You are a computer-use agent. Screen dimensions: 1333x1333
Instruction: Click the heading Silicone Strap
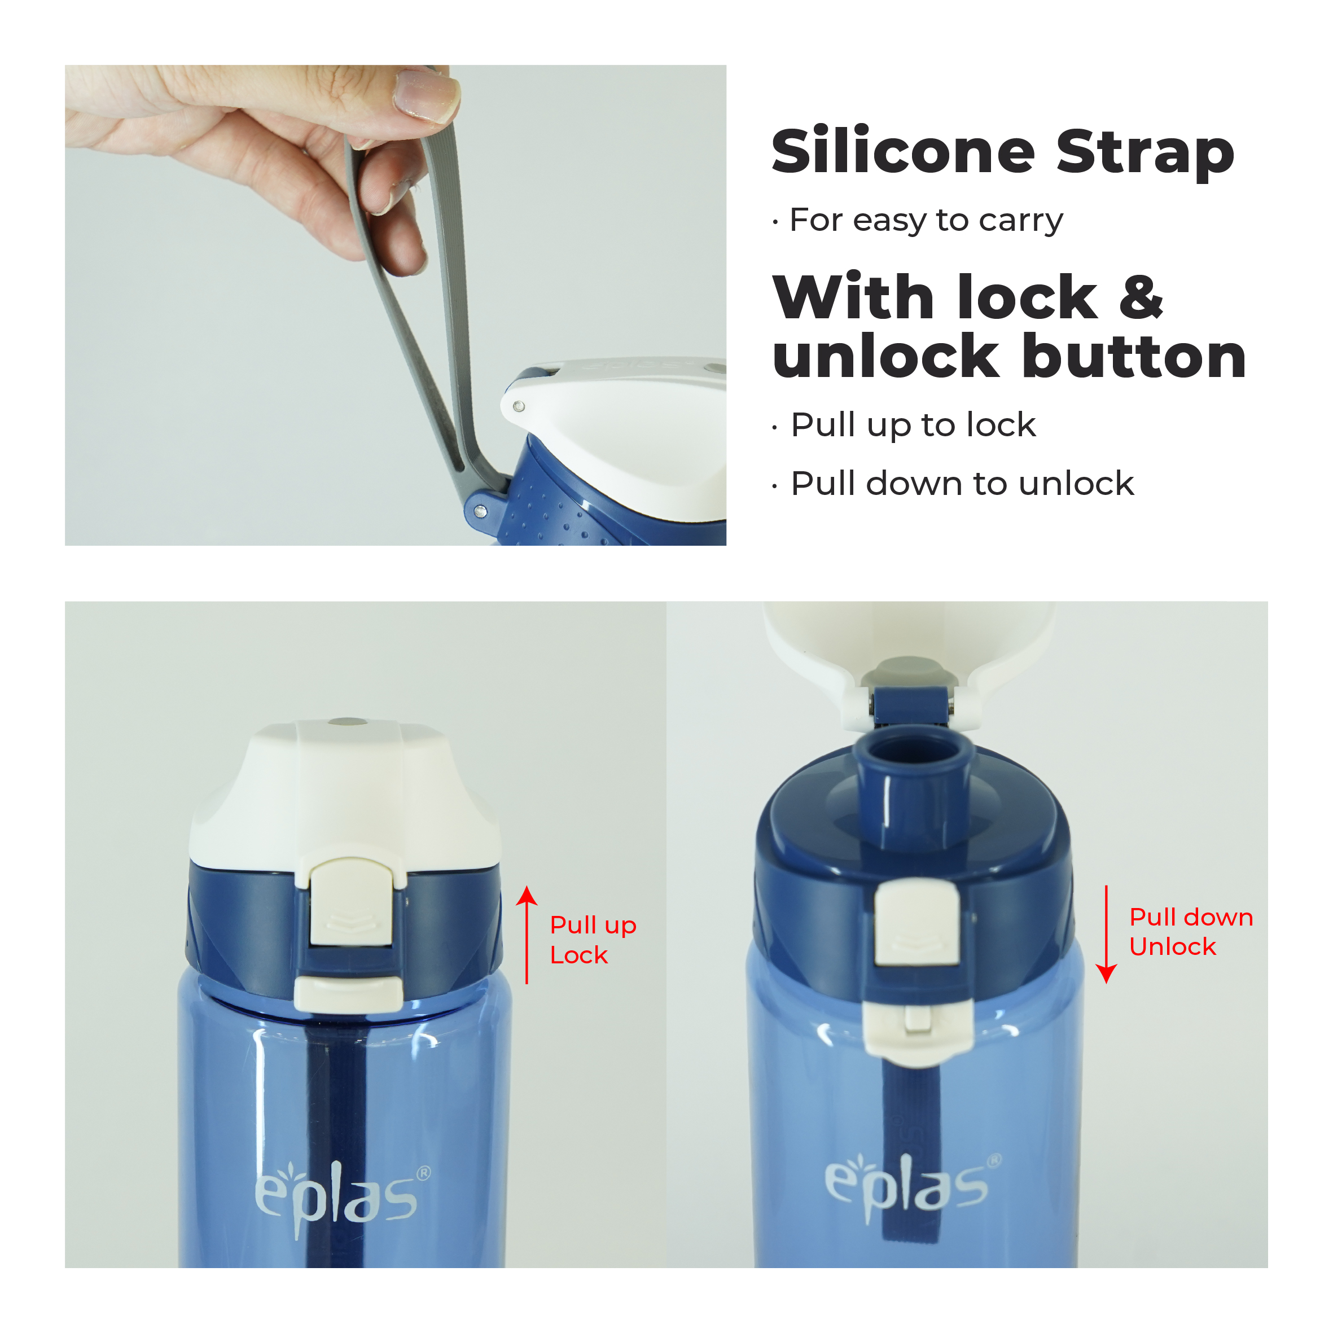click(x=1002, y=152)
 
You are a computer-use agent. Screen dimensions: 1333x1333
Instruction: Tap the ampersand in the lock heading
click(x=1141, y=297)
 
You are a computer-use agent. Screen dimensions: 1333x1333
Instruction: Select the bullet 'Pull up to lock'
click(x=913, y=425)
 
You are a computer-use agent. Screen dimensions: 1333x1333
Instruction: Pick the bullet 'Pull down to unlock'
click(x=962, y=483)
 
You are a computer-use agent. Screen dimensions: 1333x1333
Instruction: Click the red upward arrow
click(x=527, y=935)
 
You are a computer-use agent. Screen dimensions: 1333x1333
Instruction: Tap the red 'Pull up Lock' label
click(x=593, y=940)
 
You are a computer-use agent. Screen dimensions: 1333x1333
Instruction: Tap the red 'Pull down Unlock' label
click(x=1191, y=931)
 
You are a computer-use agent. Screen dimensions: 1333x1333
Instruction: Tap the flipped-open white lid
click(x=909, y=655)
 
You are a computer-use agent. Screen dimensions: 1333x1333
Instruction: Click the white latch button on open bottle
click(x=917, y=924)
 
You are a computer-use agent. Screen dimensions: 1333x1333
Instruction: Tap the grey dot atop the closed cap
click(x=347, y=722)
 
